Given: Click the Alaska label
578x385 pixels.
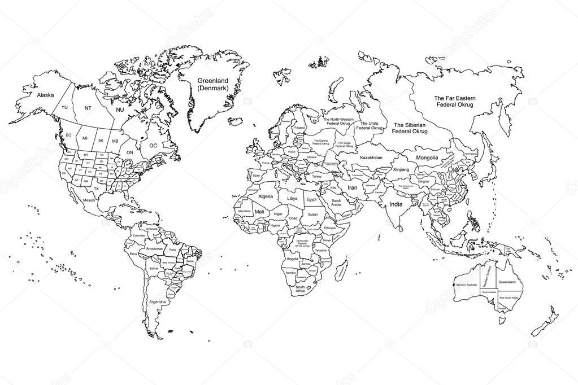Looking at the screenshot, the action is (45, 95).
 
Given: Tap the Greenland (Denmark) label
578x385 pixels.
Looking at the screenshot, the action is (212, 85).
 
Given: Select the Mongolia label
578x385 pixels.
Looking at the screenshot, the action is (427, 158).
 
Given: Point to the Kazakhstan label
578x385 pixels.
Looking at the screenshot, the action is (371, 158).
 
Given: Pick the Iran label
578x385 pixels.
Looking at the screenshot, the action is (353, 187).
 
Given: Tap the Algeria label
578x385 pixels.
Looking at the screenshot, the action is (266, 196).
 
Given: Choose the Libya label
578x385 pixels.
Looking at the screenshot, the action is (292, 199).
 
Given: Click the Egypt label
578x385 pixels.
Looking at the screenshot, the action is (311, 199).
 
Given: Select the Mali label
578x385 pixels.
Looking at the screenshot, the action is (259, 211).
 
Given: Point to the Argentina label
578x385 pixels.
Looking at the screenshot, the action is (158, 302).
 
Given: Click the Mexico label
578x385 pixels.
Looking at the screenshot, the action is (89, 200).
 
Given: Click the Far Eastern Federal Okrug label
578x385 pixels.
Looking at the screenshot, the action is (455, 101).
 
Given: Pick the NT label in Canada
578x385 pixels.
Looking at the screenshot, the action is (88, 107).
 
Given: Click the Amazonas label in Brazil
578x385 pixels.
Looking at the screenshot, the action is (154, 248).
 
